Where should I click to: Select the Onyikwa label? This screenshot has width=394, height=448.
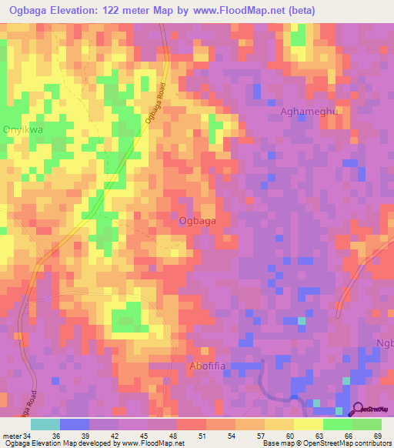pos(25,130)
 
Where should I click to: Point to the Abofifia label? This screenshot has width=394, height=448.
pos(207,366)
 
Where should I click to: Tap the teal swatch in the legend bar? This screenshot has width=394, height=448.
pos(45,424)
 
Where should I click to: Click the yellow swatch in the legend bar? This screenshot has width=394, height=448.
pos(308,424)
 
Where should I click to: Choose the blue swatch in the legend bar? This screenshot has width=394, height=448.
pos(75,424)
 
